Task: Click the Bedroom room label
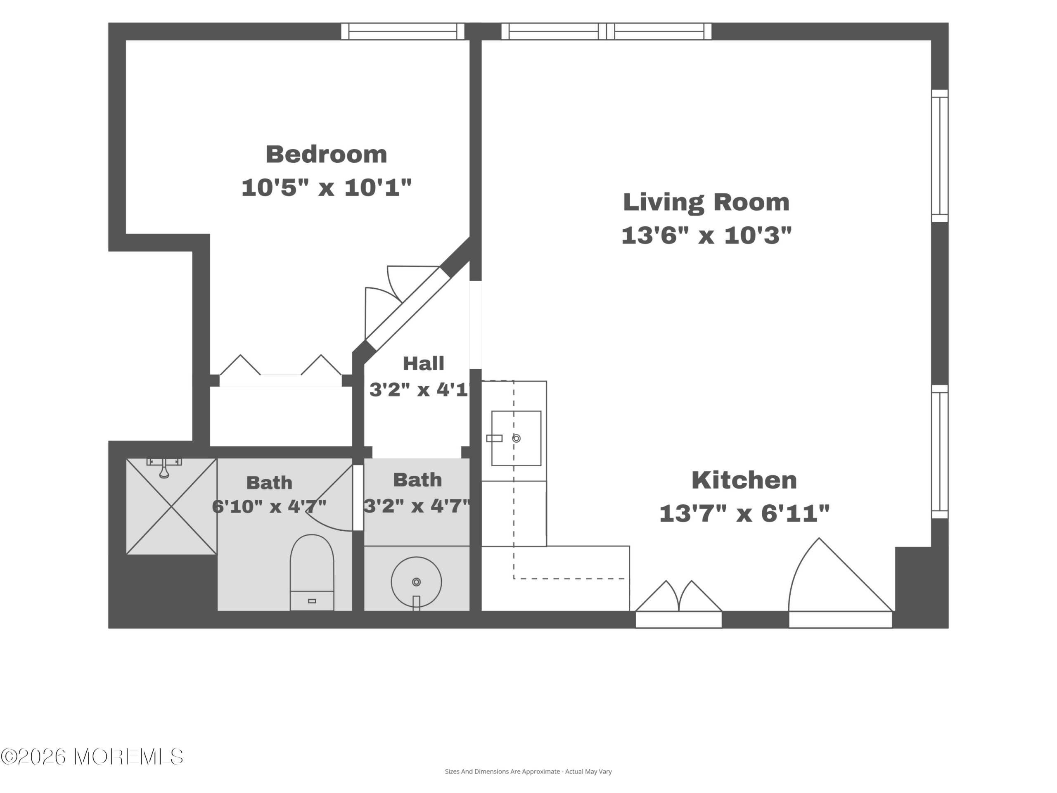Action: [326, 154]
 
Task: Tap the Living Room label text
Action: [706, 203]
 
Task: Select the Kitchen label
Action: [744, 480]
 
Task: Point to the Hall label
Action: [423, 364]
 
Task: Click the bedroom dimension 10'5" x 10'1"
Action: [326, 188]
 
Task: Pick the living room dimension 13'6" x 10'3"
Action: [706, 235]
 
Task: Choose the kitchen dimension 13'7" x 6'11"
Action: [744, 514]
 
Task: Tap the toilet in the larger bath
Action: [312, 572]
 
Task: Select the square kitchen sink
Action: [516, 438]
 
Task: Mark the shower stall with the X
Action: [171, 507]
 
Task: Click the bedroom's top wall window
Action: [403, 31]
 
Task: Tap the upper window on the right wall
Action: [940, 156]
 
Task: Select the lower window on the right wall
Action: [940, 452]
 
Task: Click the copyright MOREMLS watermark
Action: [92, 757]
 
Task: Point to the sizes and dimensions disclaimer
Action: [528, 771]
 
